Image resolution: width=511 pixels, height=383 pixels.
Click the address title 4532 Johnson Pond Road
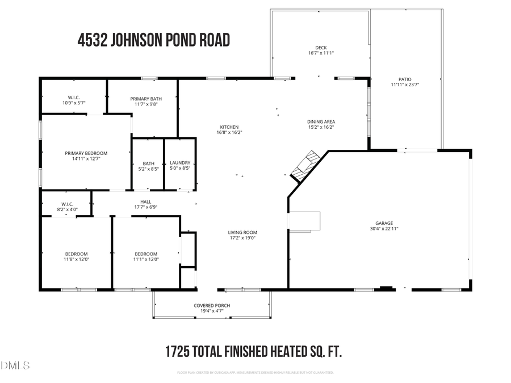[x=153, y=41]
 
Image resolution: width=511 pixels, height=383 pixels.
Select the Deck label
[x=321, y=48]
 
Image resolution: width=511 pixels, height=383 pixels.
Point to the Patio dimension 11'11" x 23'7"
[x=404, y=86]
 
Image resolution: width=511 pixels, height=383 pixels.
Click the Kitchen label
[x=229, y=127]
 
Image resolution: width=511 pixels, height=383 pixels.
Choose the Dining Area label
[x=321, y=122]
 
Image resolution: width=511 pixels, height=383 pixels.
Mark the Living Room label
[x=242, y=232]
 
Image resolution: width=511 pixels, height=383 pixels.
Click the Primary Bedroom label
[x=86, y=153]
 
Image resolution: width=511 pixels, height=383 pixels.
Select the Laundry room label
[x=180, y=163]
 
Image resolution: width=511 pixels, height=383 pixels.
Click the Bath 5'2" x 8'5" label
[x=148, y=163]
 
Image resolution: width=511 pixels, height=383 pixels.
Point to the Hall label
[x=146, y=201]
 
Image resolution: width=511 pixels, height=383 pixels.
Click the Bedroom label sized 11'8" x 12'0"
[x=76, y=254]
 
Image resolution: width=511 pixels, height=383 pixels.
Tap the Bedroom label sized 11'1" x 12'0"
[x=146, y=254]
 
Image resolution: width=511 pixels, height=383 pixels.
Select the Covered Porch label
[x=212, y=305]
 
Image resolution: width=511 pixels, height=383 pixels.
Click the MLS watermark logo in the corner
[x=15, y=365]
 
